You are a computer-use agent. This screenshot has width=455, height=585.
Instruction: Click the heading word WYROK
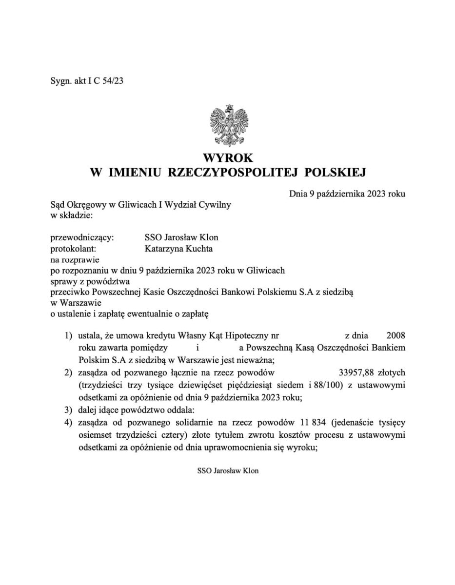228,158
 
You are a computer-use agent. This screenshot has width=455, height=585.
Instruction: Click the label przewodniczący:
82,238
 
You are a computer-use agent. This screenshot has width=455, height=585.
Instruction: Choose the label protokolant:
74,249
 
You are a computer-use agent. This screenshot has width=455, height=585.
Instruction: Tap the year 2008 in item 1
395,336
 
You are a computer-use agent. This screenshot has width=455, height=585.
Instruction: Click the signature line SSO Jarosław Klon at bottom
228,471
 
